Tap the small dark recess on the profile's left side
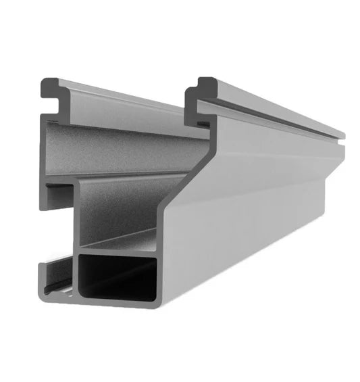pyautogui.click(x=54, y=196)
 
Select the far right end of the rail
pyautogui.click(x=341, y=162)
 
